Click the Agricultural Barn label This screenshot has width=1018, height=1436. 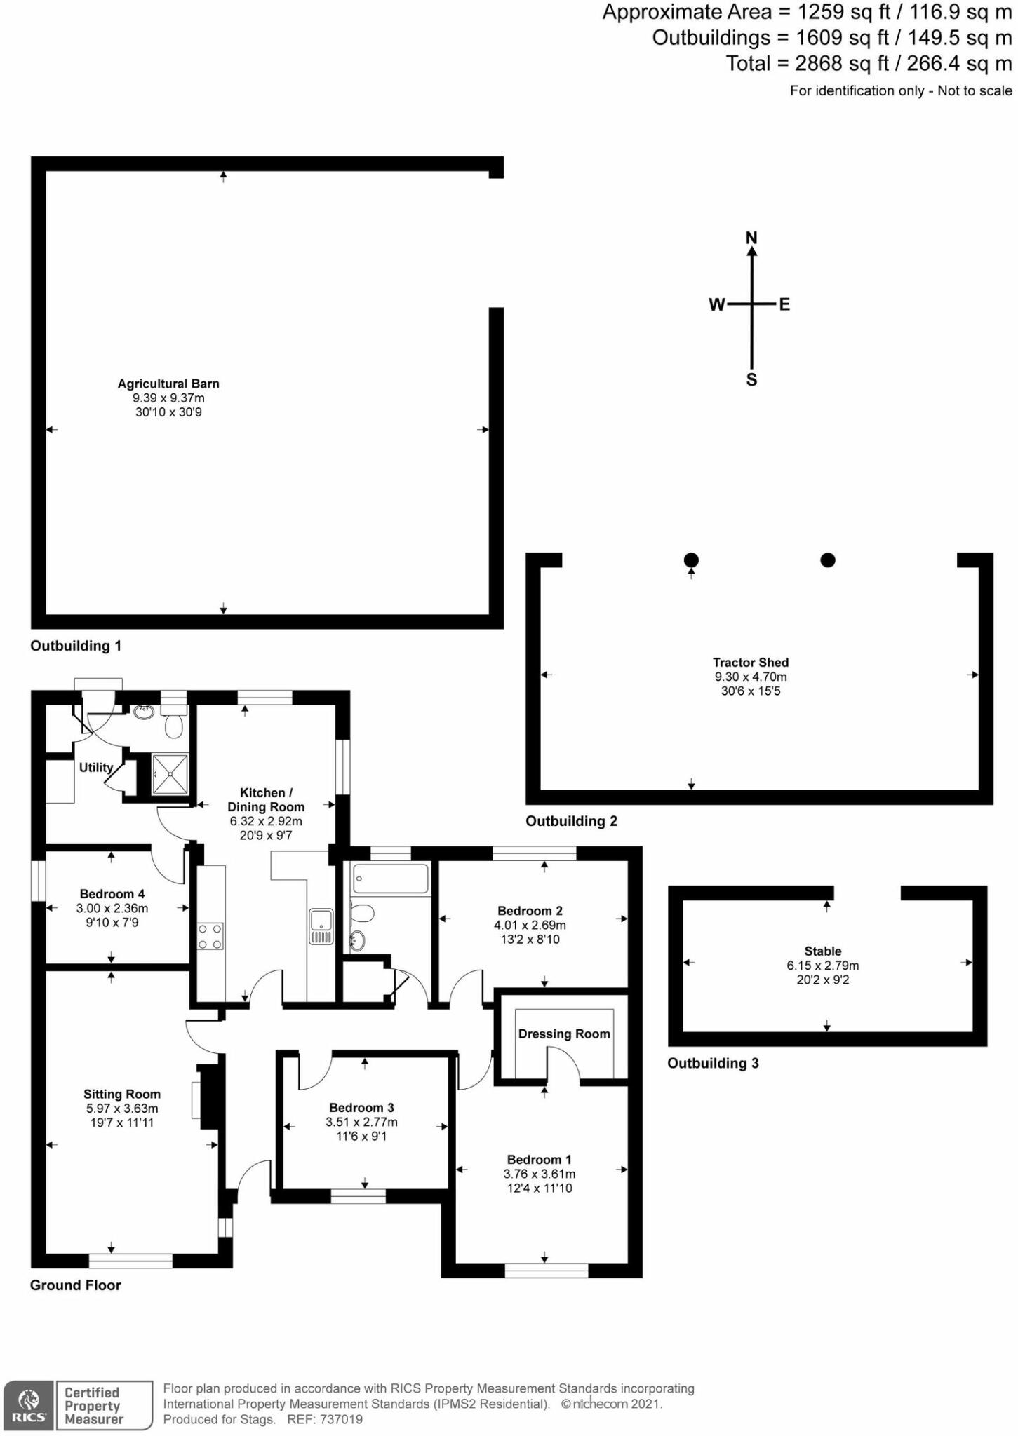168,384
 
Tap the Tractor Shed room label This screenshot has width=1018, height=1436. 750,662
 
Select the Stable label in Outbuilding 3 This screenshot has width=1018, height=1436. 822,951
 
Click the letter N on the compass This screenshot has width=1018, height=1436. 751,238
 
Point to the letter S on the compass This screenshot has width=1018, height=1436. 751,380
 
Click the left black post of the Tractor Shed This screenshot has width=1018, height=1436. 691,560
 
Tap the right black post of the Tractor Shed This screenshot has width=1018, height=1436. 828,560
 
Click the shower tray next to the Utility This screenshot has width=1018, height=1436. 170,774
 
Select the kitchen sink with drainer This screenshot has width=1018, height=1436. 321,927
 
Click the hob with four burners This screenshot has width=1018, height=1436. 210,935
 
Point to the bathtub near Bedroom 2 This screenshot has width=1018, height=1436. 391,879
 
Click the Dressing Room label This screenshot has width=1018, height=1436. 564,1034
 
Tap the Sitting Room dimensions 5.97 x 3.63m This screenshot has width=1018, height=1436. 122,1109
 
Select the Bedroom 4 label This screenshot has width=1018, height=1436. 112,894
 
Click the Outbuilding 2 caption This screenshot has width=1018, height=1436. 571,821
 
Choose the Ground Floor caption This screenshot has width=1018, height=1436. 75,1285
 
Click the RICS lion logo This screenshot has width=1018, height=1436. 28,1403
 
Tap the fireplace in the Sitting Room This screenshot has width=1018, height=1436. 207,1098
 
